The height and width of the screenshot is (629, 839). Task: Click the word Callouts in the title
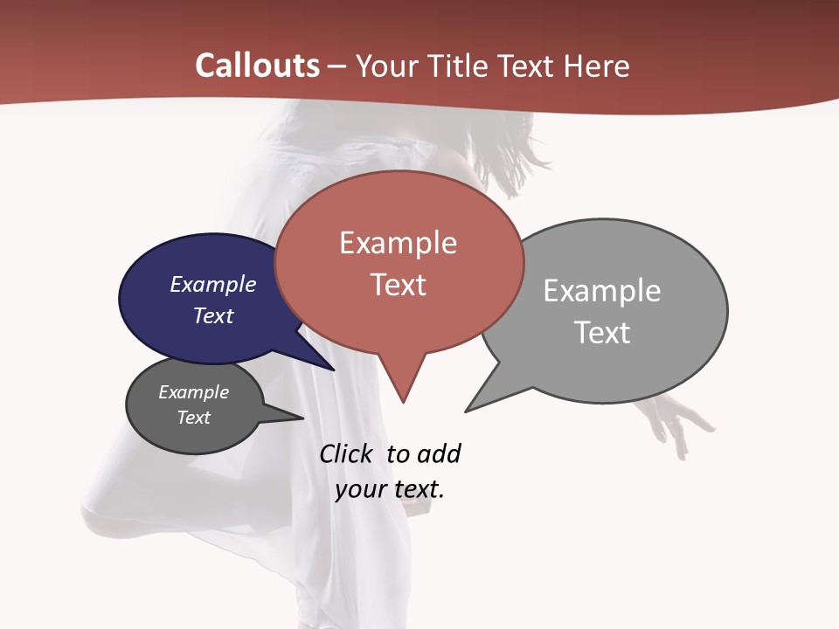(x=257, y=66)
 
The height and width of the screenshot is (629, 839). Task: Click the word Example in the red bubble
(x=398, y=243)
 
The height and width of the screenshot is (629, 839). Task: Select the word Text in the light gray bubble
(x=602, y=333)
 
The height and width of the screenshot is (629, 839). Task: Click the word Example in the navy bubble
(x=212, y=284)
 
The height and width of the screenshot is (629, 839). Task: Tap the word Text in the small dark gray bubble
(x=193, y=418)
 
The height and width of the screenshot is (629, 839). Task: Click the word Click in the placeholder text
(x=345, y=453)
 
